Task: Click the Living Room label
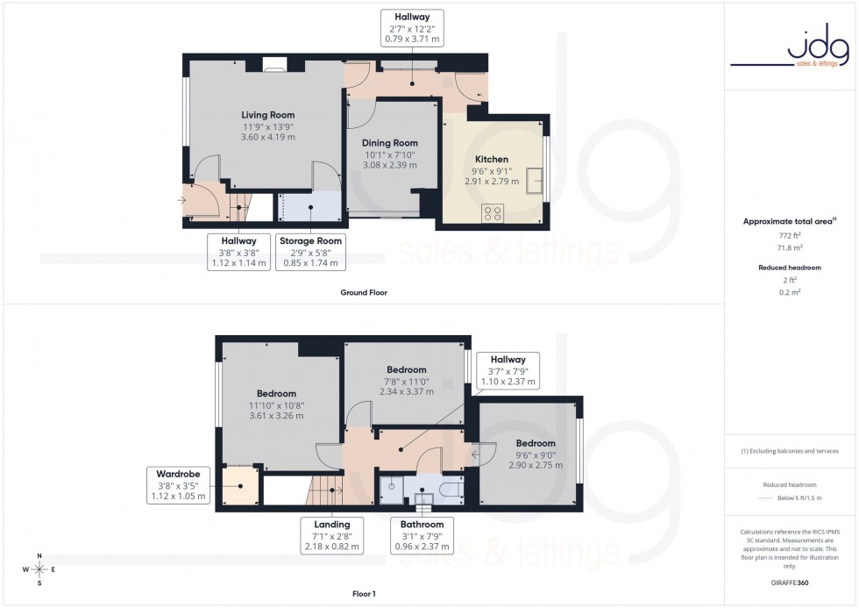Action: [268, 115]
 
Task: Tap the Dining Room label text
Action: [391, 143]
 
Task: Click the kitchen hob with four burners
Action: [493, 211]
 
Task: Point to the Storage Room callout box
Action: [309, 251]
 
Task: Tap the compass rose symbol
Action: [39, 569]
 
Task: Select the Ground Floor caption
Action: [364, 292]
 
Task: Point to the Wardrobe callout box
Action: [179, 484]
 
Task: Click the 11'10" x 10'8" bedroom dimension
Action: [276, 405]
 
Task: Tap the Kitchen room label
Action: [492, 160]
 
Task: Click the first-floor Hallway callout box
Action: [508, 370]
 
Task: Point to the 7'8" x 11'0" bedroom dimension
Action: [404, 381]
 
